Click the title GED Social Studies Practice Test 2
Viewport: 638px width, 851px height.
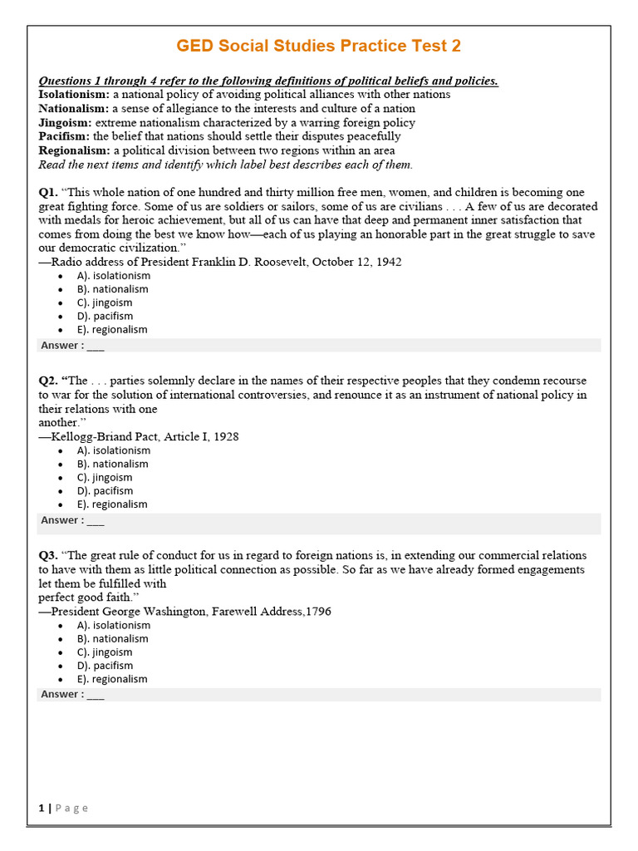point(319,46)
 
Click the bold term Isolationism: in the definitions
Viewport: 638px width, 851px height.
point(73,95)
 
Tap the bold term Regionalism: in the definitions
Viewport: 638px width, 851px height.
point(74,150)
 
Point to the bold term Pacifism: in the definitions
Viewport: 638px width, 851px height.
point(64,136)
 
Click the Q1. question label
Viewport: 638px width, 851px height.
point(48,193)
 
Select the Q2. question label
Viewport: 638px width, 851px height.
point(48,381)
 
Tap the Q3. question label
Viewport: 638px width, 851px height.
point(48,555)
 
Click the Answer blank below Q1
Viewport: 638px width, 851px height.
point(96,346)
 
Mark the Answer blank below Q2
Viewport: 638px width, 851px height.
point(96,520)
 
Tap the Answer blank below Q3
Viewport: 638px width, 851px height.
point(96,695)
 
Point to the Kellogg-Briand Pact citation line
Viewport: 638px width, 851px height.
point(139,436)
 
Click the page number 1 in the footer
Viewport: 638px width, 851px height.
point(42,808)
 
